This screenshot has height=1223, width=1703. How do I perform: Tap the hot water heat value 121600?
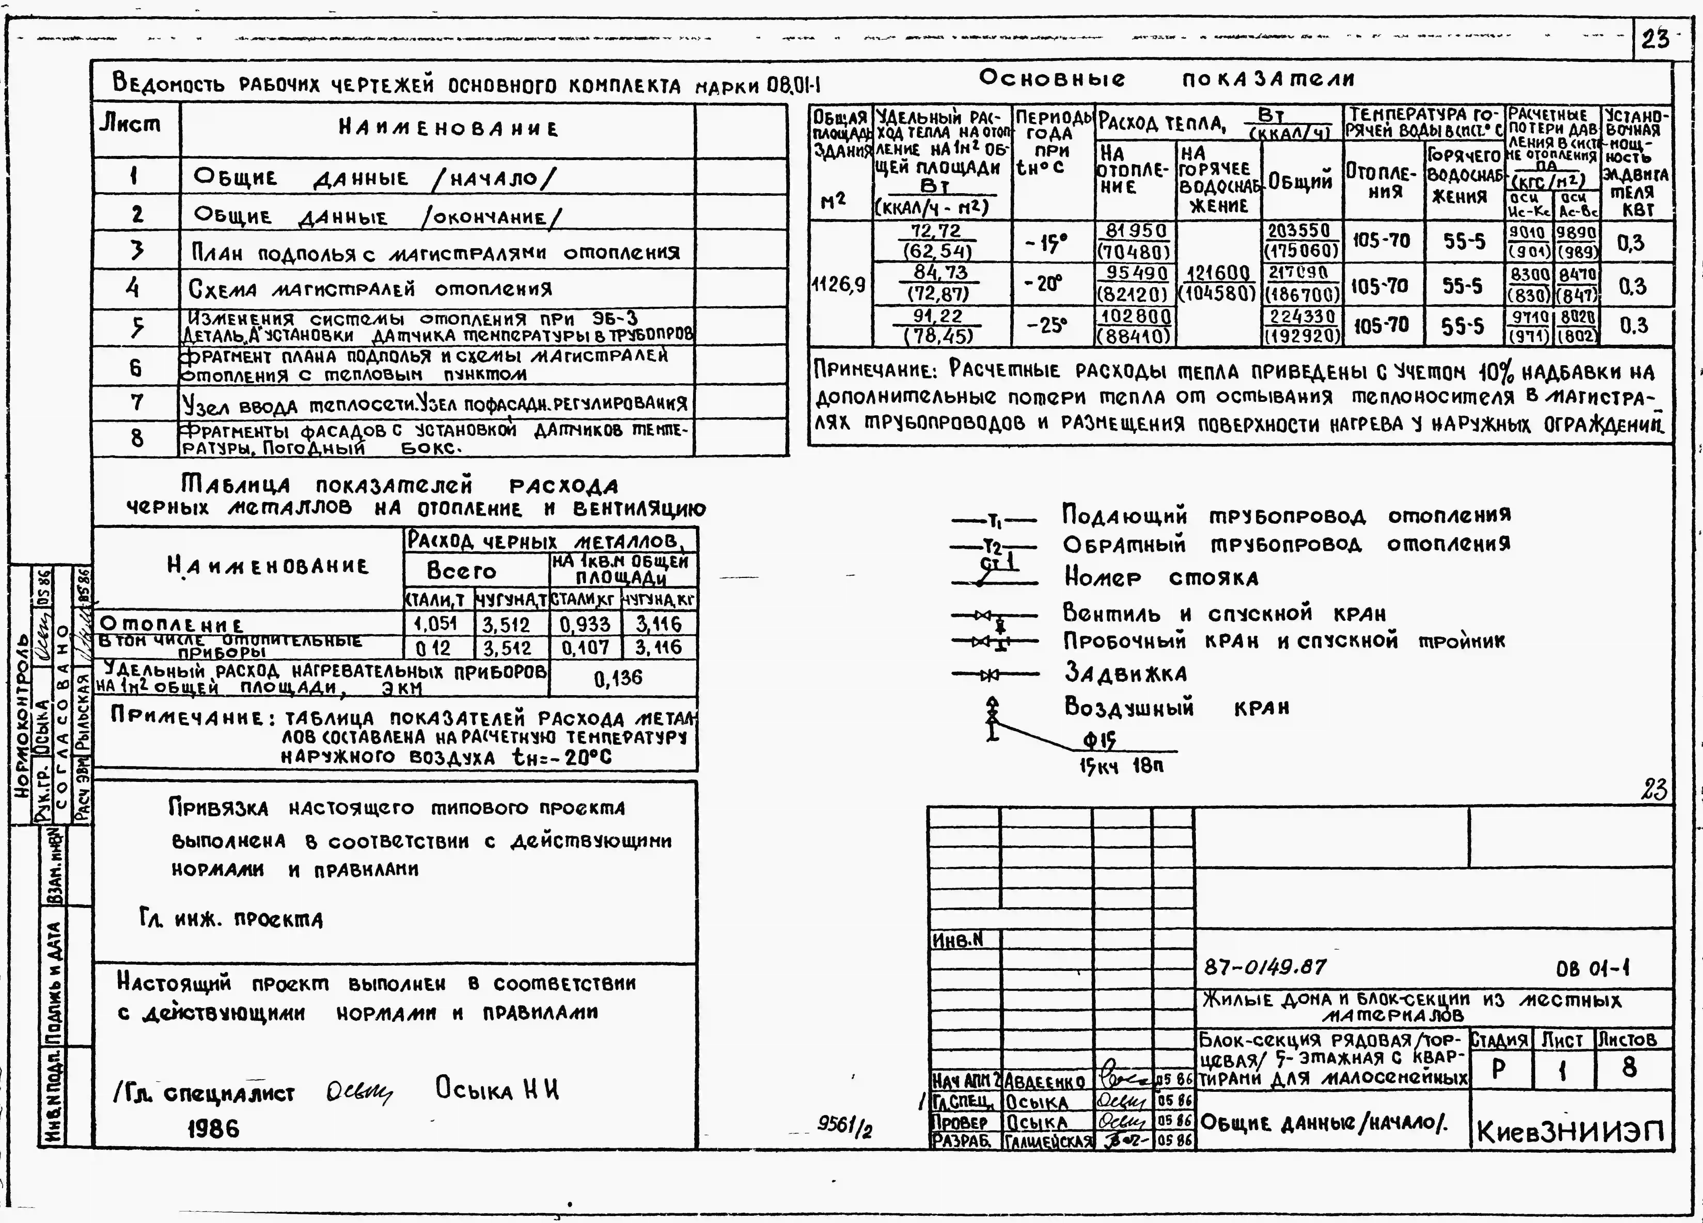coord(1218,273)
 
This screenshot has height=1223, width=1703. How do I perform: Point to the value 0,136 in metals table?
coord(618,678)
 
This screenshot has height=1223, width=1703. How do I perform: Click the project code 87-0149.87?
coord(1265,967)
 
